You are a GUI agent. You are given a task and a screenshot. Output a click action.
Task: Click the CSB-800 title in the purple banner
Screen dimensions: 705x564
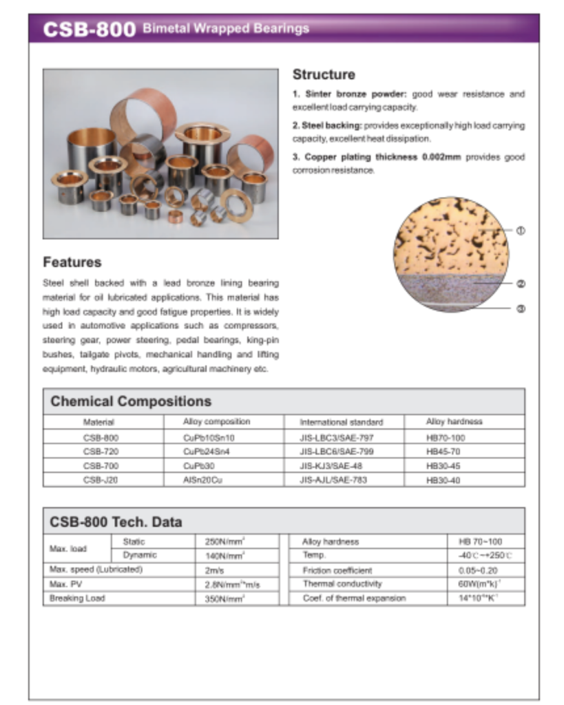point(89,30)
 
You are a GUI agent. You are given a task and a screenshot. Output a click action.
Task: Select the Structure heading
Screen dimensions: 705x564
point(324,74)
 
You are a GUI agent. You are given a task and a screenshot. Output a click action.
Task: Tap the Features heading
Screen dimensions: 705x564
point(72,262)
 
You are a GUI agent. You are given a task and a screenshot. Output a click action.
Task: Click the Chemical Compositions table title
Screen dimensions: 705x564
point(131,401)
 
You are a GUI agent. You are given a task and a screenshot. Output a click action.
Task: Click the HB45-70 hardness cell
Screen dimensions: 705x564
point(445,452)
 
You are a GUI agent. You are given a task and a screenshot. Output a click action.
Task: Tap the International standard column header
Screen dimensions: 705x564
point(341,421)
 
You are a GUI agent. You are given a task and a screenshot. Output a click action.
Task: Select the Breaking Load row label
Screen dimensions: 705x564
point(77,598)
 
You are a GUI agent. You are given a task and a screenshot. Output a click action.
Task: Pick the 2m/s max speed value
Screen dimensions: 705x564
point(214,570)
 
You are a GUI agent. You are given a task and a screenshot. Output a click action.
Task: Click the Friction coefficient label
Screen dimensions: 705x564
point(337,570)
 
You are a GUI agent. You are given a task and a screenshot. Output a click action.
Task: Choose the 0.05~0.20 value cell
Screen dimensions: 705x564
point(477,570)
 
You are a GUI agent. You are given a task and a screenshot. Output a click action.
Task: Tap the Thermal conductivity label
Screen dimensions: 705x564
point(342,584)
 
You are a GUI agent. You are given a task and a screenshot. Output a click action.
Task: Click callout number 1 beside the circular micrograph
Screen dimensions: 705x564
point(521,231)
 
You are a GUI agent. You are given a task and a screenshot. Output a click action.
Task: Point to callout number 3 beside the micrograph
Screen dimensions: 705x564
point(521,308)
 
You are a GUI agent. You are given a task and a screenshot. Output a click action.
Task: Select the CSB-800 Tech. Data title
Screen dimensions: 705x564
point(116,522)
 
